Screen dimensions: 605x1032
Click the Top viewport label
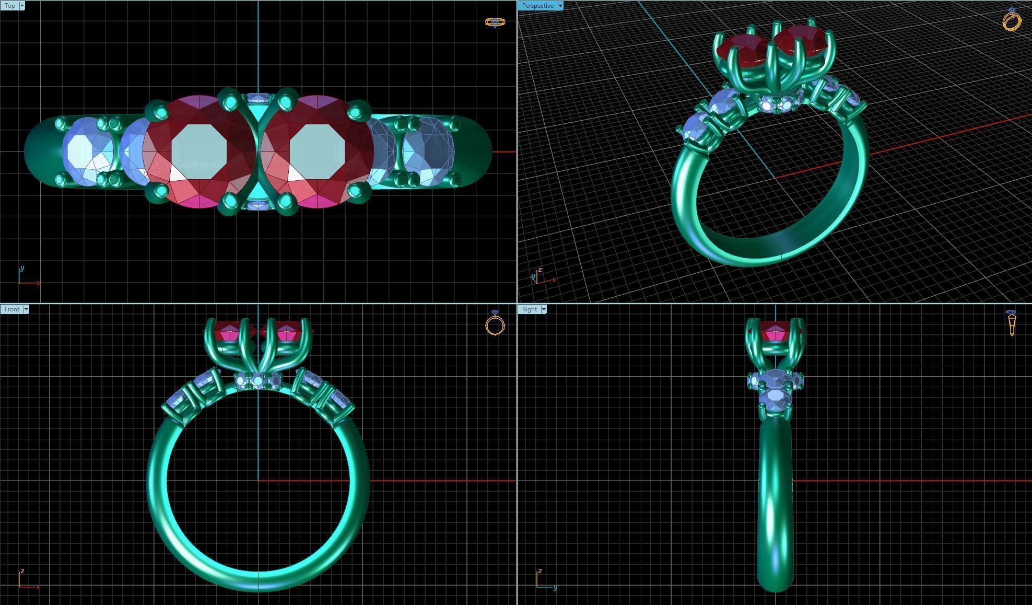click(x=10, y=6)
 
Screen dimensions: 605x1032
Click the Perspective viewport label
click(x=537, y=6)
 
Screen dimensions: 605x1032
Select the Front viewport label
click(x=11, y=309)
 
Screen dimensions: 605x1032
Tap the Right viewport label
click(x=529, y=309)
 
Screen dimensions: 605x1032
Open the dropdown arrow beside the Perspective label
click(x=560, y=6)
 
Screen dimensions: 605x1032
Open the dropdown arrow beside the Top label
click(x=22, y=6)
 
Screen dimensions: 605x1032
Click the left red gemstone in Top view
click(x=198, y=152)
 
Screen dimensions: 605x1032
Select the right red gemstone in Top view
click(x=317, y=152)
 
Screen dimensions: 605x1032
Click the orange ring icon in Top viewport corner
click(x=495, y=22)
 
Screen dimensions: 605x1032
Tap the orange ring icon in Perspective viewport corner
click(x=1012, y=20)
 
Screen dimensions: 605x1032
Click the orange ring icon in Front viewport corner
click(x=495, y=323)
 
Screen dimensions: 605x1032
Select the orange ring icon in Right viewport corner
click(x=1012, y=322)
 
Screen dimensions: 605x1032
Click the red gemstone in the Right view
click(x=775, y=332)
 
